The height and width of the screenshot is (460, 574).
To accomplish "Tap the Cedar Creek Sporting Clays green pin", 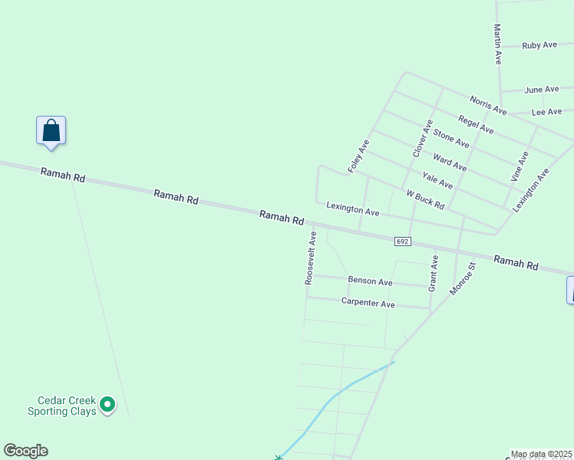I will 107,403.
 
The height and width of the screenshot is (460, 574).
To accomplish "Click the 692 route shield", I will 404,242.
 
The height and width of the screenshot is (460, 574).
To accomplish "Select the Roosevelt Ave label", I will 311,258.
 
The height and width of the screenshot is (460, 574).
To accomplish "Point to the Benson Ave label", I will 370,281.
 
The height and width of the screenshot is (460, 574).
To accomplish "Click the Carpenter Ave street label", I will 368,303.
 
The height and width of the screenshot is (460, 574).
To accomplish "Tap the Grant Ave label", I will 434,273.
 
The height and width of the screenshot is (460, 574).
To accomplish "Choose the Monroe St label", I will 463,278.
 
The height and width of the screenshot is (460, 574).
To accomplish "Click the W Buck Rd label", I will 425,200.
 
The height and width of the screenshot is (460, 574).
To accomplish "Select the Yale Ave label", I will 437,181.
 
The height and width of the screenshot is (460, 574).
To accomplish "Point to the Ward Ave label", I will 450,162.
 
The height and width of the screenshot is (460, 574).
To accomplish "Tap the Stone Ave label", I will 451,138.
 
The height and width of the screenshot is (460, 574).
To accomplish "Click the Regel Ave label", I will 476,123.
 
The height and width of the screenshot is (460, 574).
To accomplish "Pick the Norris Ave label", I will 489,105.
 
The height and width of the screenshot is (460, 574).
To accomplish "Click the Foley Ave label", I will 359,156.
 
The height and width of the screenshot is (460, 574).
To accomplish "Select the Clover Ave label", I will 423,139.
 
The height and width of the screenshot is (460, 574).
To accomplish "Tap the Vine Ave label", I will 520,166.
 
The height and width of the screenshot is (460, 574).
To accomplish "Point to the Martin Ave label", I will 497,44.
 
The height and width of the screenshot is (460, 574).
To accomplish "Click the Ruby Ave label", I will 539,45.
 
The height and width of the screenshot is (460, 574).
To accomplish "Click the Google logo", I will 25,451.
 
